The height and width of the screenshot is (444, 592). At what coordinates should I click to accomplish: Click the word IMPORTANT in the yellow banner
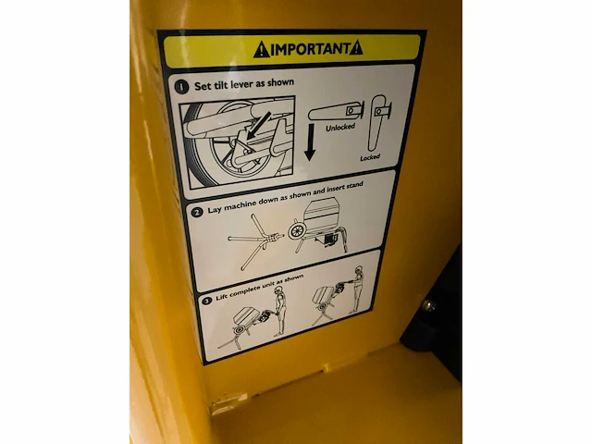coord(311,49)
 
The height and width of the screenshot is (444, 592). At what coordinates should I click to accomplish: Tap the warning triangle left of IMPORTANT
coord(261,50)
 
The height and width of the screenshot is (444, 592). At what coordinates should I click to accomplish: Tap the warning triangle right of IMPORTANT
coord(356,48)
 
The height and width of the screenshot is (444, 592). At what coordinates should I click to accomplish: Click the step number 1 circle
coord(181,87)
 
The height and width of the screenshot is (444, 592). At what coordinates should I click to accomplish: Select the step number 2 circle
coord(197,213)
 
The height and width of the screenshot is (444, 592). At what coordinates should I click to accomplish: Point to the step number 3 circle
coord(206,301)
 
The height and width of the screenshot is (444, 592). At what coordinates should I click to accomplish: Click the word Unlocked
coord(340,128)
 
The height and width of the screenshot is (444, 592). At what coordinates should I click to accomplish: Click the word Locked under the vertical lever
coord(370,157)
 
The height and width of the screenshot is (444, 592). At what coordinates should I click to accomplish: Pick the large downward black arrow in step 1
coord(310,142)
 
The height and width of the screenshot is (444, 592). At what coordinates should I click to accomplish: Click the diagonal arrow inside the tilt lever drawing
coord(259,125)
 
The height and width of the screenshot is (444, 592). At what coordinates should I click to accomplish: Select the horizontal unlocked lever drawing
coord(336,111)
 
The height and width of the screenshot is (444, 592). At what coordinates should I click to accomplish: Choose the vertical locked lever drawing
coord(378,122)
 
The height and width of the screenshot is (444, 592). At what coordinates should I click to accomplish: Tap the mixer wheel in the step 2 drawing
coord(296,231)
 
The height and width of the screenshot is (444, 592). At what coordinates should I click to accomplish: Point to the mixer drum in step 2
coord(320,216)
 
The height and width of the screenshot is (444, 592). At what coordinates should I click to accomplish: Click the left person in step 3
coord(279,311)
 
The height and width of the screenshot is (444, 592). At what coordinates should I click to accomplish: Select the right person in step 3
coord(357,289)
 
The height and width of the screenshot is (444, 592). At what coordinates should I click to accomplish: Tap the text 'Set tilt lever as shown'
coord(244,84)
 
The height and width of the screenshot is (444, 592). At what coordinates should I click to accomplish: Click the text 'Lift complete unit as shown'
coord(259,288)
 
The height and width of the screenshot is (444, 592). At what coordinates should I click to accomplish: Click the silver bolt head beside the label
coord(427,304)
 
